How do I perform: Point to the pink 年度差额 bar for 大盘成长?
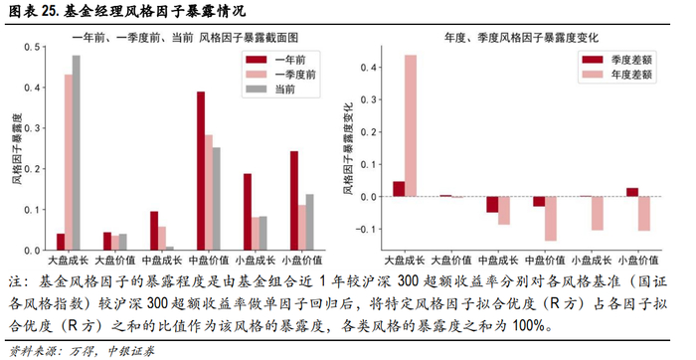(x=411, y=125)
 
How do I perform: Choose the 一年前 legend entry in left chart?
(x=278, y=59)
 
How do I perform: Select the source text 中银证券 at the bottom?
(x=126, y=349)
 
